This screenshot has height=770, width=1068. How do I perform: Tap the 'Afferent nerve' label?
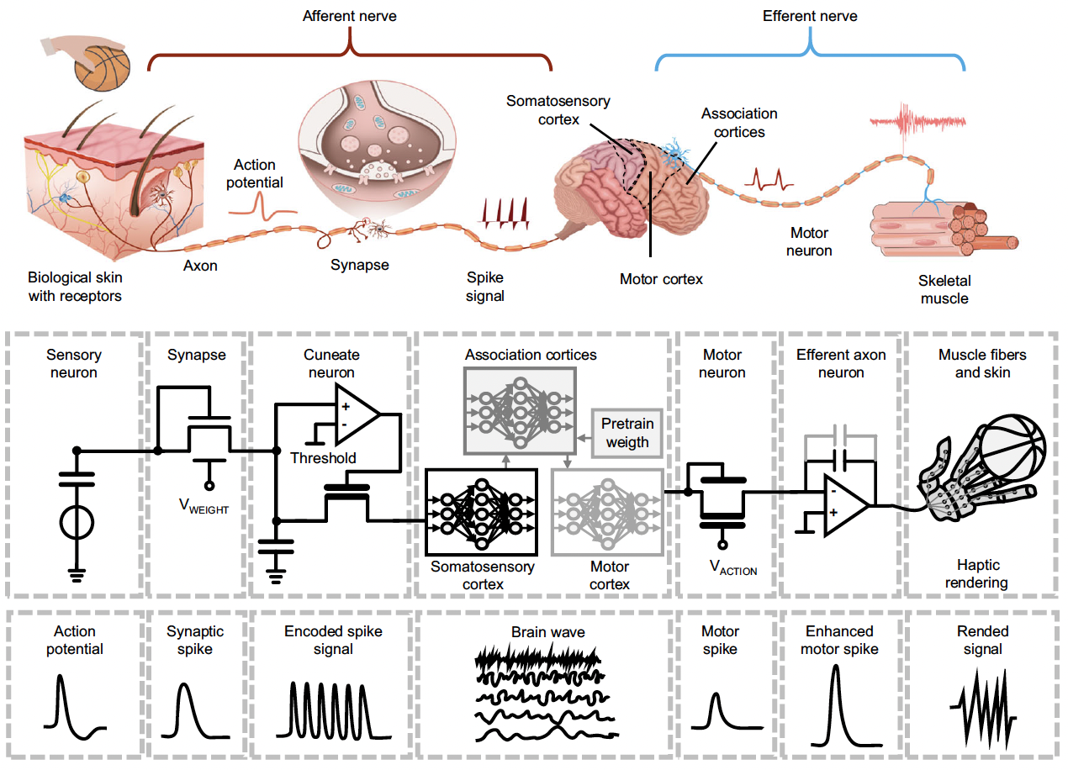[349, 16]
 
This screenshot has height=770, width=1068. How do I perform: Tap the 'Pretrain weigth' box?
[627, 431]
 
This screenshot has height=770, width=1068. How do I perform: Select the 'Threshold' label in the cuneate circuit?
[323, 458]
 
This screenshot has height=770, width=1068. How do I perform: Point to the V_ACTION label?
[733, 568]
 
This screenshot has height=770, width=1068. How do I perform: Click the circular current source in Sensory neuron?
[76, 523]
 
